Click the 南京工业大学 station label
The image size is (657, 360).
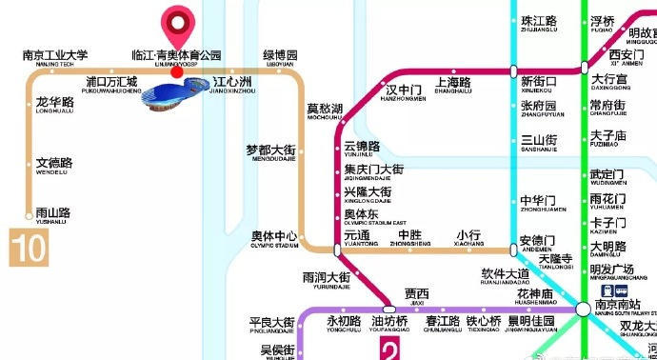point(54,55)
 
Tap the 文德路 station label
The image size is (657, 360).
point(53,165)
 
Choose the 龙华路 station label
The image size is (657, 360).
point(54,103)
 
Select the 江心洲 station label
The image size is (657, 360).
point(233,82)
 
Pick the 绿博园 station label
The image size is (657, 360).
point(280,56)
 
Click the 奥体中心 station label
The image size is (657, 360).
point(274,237)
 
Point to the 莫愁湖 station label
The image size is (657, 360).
point(325,110)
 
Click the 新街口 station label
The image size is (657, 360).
point(539,84)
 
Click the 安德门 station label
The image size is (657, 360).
point(538,241)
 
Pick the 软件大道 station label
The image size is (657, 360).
point(505,277)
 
